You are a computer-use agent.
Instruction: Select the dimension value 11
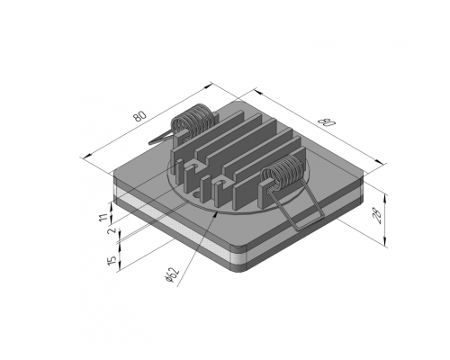click(x=103, y=217)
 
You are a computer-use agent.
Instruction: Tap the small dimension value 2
click(x=112, y=230)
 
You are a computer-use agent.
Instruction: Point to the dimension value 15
click(x=112, y=260)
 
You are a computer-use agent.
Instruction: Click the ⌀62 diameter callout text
click(x=172, y=274)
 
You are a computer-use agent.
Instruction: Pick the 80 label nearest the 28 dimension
click(x=327, y=121)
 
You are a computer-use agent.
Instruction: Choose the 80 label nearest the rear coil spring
click(x=140, y=116)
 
